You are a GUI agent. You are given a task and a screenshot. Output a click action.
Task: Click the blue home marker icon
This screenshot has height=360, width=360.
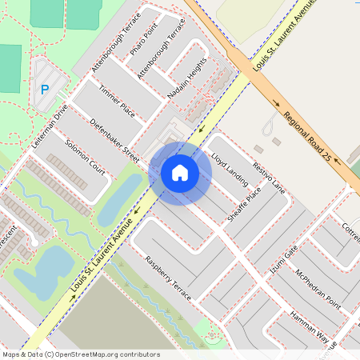(x=180, y=173)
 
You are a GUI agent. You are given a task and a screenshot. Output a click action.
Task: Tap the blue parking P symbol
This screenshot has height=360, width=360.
(x=44, y=90)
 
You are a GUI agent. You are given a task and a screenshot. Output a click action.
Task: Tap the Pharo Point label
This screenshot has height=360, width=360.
(x=144, y=38)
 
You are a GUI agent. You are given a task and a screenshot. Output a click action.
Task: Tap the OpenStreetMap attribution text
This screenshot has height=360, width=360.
(x=81, y=354)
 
